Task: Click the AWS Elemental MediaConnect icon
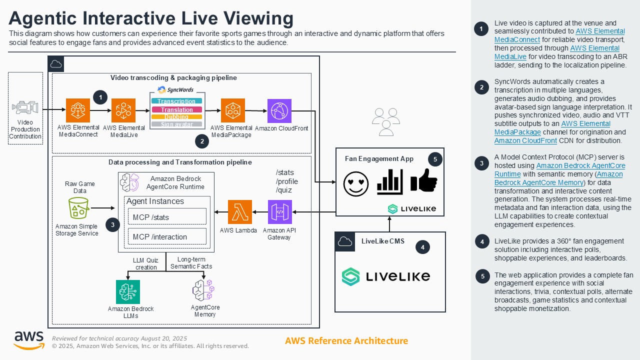point(78,110)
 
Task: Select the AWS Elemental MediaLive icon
point(123,111)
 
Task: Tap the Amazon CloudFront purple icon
point(279,111)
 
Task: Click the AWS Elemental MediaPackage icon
point(232,111)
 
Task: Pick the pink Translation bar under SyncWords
point(176,109)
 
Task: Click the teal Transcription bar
point(176,101)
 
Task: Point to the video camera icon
point(25,107)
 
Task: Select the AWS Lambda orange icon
point(240,212)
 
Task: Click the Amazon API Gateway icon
point(279,212)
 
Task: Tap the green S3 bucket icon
point(78,208)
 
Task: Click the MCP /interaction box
point(167,236)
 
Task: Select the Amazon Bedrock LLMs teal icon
point(128,292)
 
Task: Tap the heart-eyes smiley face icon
point(356,184)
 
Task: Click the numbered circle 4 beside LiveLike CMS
point(422,247)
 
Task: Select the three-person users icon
point(386,122)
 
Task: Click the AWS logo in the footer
point(28,340)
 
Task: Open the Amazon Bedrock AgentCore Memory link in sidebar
point(558,178)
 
